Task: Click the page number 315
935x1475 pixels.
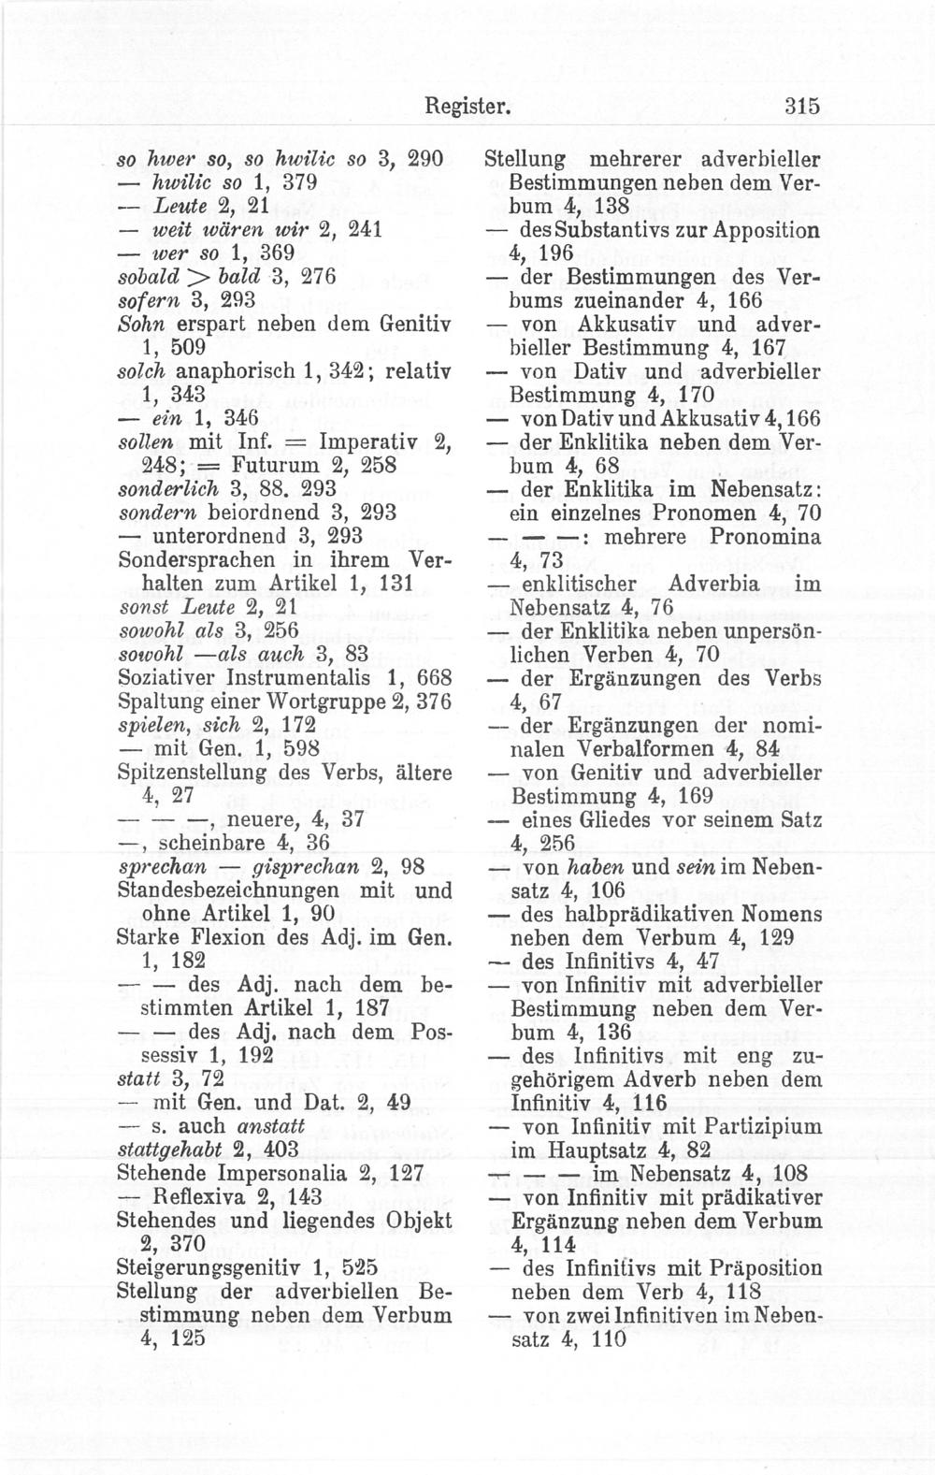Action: click(801, 107)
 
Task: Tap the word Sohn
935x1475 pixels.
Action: click(139, 325)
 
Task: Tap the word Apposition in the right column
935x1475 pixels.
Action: click(771, 230)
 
